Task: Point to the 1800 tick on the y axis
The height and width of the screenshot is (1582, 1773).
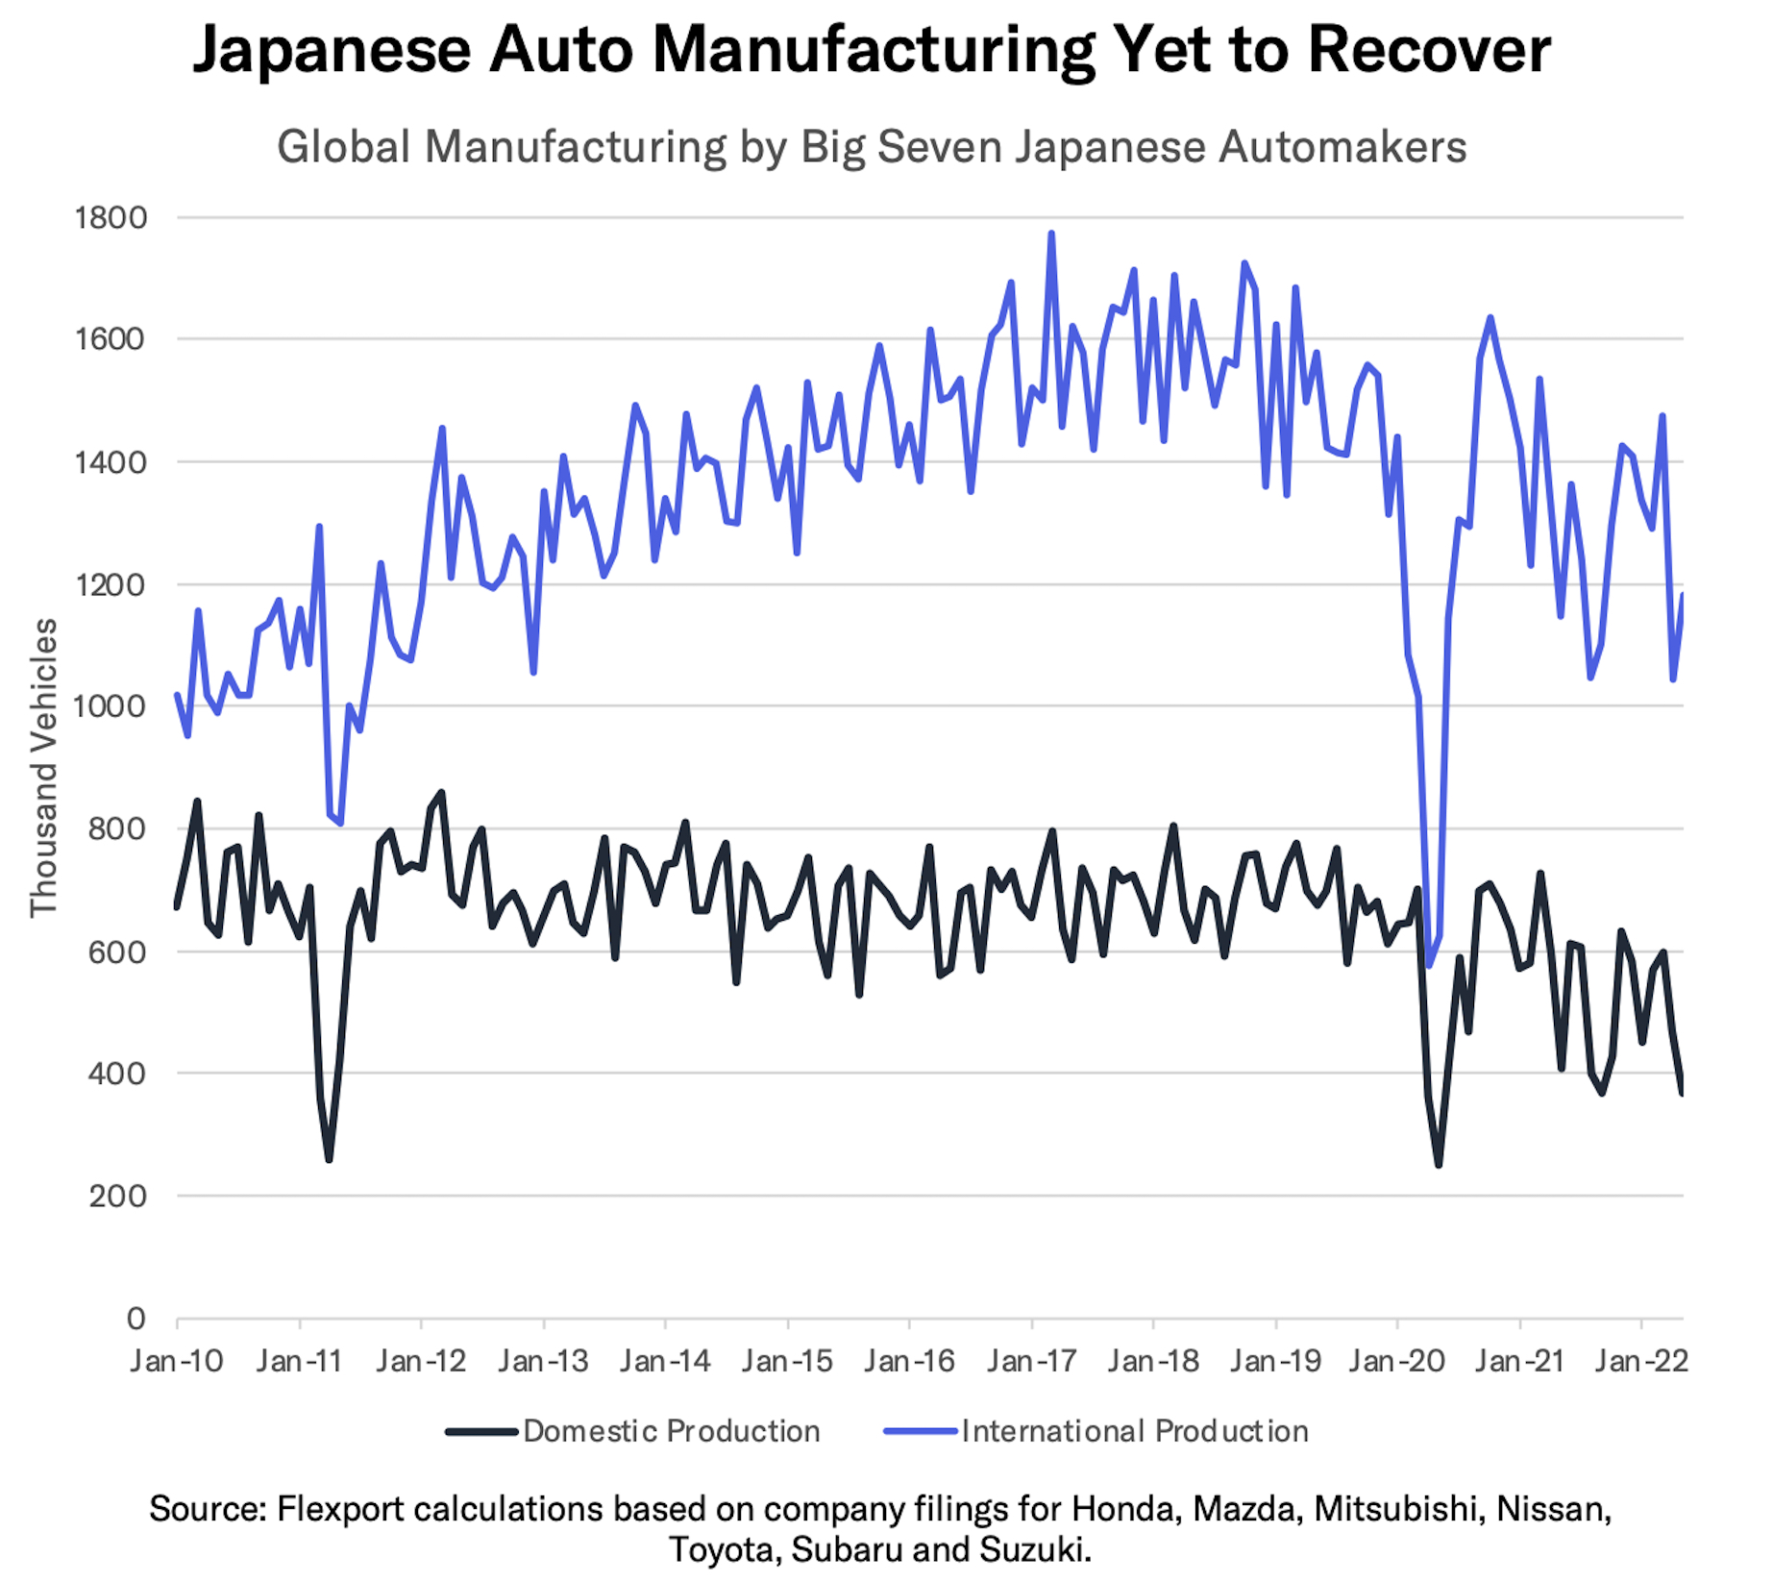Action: tap(111, 218)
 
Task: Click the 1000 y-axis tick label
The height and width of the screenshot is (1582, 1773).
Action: tap(111, 706)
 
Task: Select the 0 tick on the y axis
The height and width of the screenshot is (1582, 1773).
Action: tap(136, 1318)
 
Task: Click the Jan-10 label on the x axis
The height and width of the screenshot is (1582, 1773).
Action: tap(177, 1361)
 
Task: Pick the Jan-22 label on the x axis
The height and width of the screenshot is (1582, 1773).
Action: tap(1640, 1361)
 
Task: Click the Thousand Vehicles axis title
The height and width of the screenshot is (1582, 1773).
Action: tap(44, 767)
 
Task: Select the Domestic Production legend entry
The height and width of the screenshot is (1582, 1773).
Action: tap(634, 1431)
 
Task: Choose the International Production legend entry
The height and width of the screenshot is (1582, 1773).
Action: tap(1096, 1431)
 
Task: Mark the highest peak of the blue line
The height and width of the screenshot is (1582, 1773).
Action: tap(1051, 234)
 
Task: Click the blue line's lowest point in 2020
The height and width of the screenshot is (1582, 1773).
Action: tap(1429, 965)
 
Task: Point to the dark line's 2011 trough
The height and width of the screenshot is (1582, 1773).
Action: tap(329, 1159)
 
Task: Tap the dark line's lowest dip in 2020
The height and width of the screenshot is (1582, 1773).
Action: tap(1439, 1165)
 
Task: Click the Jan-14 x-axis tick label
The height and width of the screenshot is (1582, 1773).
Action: tap(665, 1361)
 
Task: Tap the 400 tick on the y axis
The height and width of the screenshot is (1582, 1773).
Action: tap(117, 1074)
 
